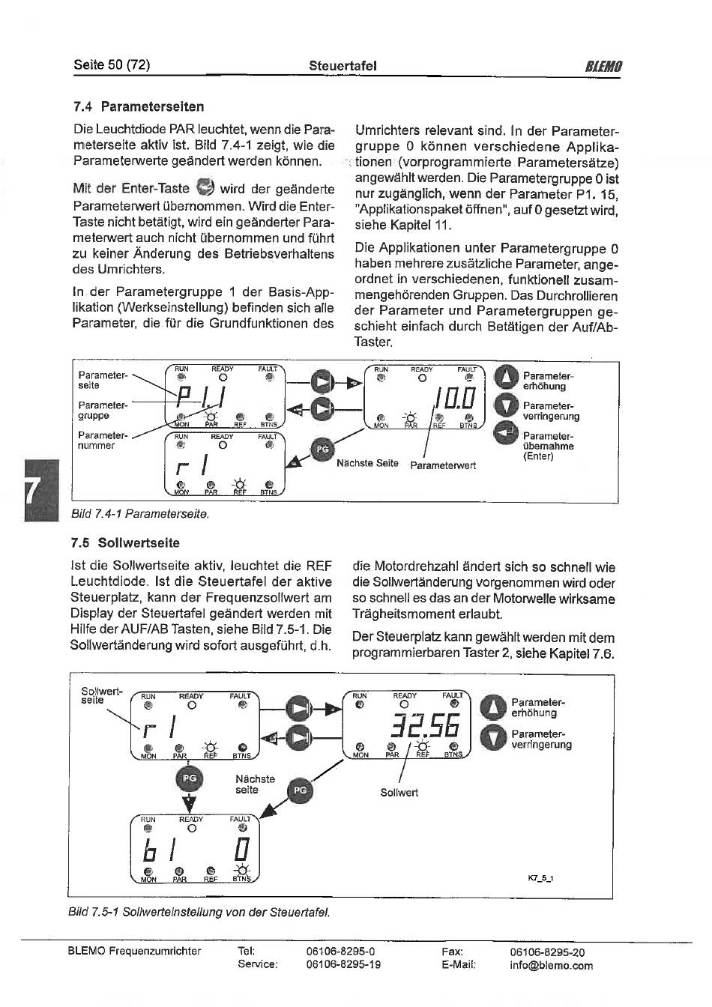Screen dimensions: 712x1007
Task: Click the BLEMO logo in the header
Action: (603, 67)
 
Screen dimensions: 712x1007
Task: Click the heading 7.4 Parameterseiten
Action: (139, 106)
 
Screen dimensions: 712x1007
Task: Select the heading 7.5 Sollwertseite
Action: (125, 542)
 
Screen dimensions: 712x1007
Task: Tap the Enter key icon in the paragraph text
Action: (205, 186)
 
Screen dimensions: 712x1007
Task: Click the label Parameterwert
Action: (443, 466)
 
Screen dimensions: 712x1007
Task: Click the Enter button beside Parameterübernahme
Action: (507, 434)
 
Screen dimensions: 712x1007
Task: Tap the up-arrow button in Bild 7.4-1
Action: (507, 376)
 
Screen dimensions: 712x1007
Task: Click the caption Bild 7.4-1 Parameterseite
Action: (140, 513)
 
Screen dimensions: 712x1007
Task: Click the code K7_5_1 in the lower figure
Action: (540, 878)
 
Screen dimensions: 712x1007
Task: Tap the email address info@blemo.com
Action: (552, 965)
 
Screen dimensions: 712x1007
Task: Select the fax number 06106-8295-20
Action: (547, 952)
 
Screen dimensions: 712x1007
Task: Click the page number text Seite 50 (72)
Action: (112, 65)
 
